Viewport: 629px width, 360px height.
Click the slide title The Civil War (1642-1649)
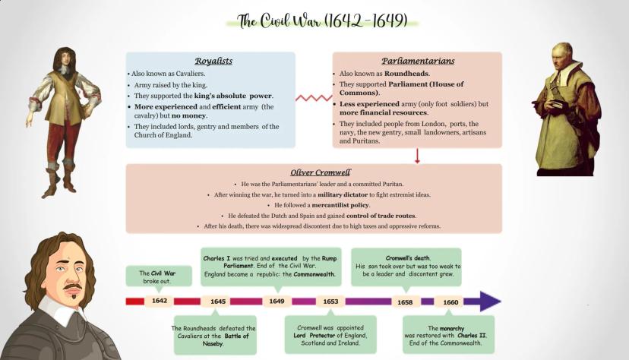(x=322, y=21)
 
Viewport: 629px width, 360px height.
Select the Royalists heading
(x=213, y=61)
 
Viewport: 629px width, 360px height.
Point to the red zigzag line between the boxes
(x=313, y=98)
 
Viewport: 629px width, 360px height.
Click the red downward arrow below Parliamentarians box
(x=417, y=156)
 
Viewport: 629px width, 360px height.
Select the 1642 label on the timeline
(x=159, y=301)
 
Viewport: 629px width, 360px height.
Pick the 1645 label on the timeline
(x=218, y=302)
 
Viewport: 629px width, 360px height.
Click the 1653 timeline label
(x=330, y=302)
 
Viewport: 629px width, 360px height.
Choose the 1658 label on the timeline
(x=406, y=302)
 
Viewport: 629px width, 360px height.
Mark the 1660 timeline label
(x=450, y=302)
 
